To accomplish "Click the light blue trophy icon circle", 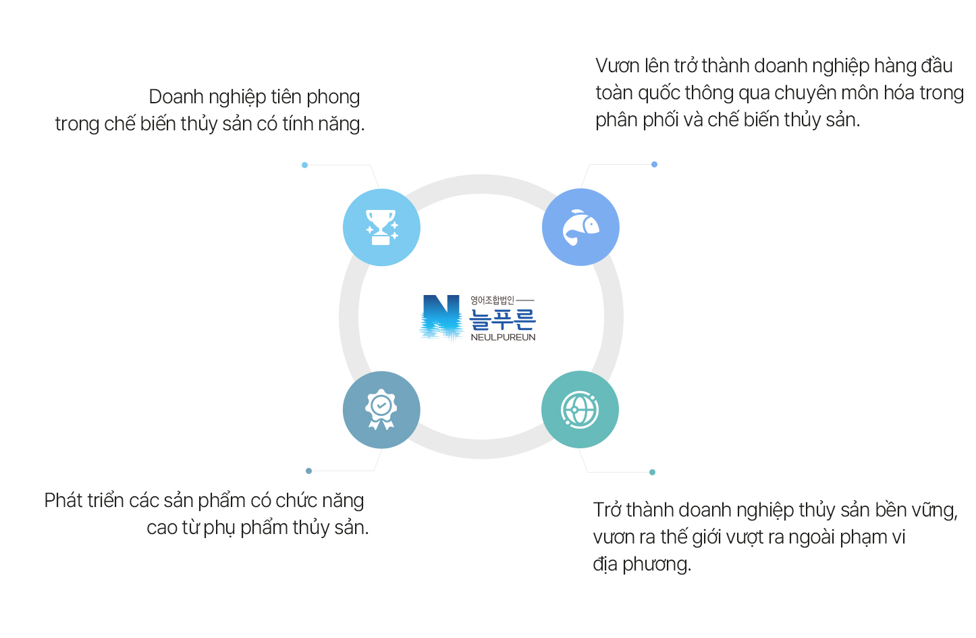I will click(x=381, y=228).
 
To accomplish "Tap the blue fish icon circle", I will click(x=580, y=228).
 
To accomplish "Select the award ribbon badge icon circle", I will click(x=381, y=410).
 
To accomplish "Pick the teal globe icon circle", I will click(x=580, y=409).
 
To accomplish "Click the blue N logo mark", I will click(x=441, y=317).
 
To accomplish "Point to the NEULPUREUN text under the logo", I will click(x=503, y=337).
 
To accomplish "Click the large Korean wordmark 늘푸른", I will click(x=502, y=319).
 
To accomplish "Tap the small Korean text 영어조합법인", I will click(x=492, y=300).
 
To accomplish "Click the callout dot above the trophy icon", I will click(x=305, y=165).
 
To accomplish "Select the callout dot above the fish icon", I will click(x=654, y=164).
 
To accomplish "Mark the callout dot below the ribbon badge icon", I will click(x=308, y=471).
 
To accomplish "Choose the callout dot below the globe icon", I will click(x=652, y=472).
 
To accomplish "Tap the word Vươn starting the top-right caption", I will click(x=617, y=66).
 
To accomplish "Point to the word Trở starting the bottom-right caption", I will click(x=607, y=510).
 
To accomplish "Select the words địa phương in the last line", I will click(x=641, y=564).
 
